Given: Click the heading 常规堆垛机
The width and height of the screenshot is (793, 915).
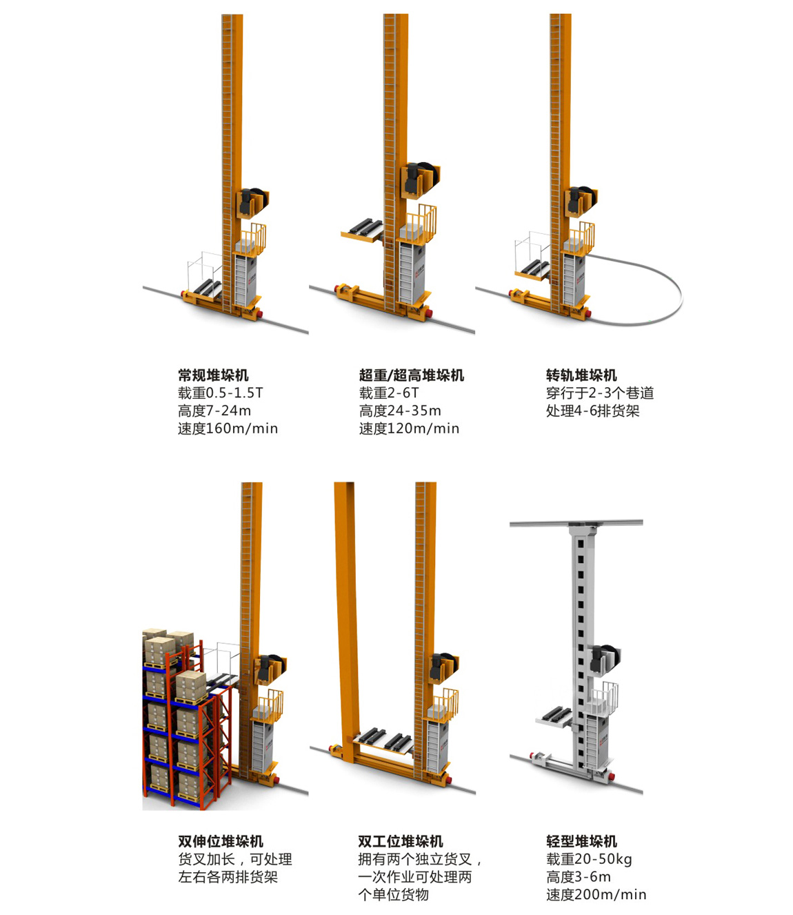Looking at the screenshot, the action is click(x=213, y=375).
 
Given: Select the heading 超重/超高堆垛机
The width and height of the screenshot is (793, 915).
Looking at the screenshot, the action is click(x=412, y=375).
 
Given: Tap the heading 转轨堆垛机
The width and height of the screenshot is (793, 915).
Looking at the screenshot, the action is click(x=581, y=375).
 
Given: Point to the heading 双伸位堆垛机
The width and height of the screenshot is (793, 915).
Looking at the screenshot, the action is click(x=221, y=841).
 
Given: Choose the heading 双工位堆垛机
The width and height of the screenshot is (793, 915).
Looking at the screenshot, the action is click(x=401, y=841).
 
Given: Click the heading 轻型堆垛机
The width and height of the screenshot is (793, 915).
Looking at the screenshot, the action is click(x=581, y=841).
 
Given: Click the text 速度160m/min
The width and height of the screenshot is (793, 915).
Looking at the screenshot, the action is click(x=228, y=429).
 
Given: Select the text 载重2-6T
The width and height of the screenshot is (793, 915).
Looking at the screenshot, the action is click(x=389, y=393).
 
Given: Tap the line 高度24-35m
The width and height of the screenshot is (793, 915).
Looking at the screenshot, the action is click(x=400, y=411).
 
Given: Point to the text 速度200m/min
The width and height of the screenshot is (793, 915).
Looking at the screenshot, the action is click(x=596, y=894).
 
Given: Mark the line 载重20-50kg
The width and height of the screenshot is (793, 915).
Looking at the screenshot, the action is click(x=589, y=859).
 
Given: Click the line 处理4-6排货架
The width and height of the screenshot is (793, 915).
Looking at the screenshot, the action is click(x=592, y=411).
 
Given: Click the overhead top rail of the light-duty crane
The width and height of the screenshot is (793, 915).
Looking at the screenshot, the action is click(x=576, y=523).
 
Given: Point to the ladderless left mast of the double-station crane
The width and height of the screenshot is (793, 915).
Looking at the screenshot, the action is click(x=347, y=616).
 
